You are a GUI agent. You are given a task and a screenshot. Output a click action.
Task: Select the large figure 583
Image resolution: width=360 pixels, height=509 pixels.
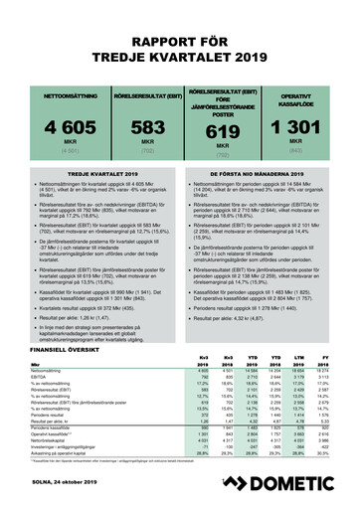(x=134, y=127)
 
